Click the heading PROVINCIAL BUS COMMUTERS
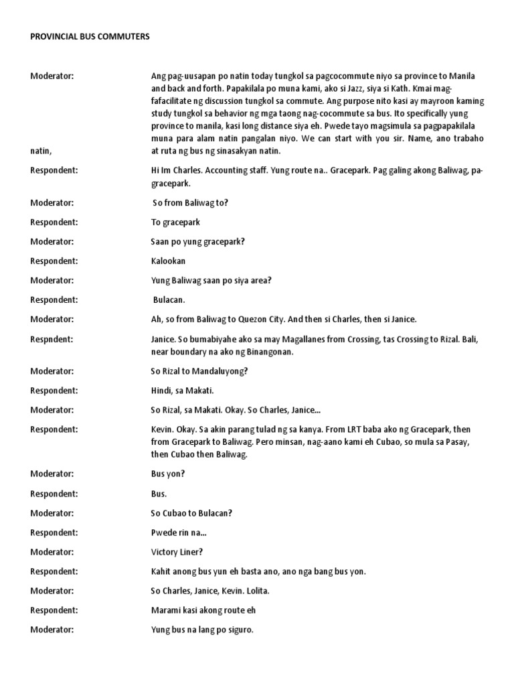tap(90, 37)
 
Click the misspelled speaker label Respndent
tap(52, 339)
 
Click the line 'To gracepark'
tap(175, 222)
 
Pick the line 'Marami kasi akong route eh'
tap(203, 610)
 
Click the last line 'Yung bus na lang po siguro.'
tap(202, 630)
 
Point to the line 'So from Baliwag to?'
tap(191, 202)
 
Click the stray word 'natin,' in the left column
tap(42, 151)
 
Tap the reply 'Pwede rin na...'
tap(178, 533)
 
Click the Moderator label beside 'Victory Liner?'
tap(52, 552)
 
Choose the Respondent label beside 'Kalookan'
tap(54, 261)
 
